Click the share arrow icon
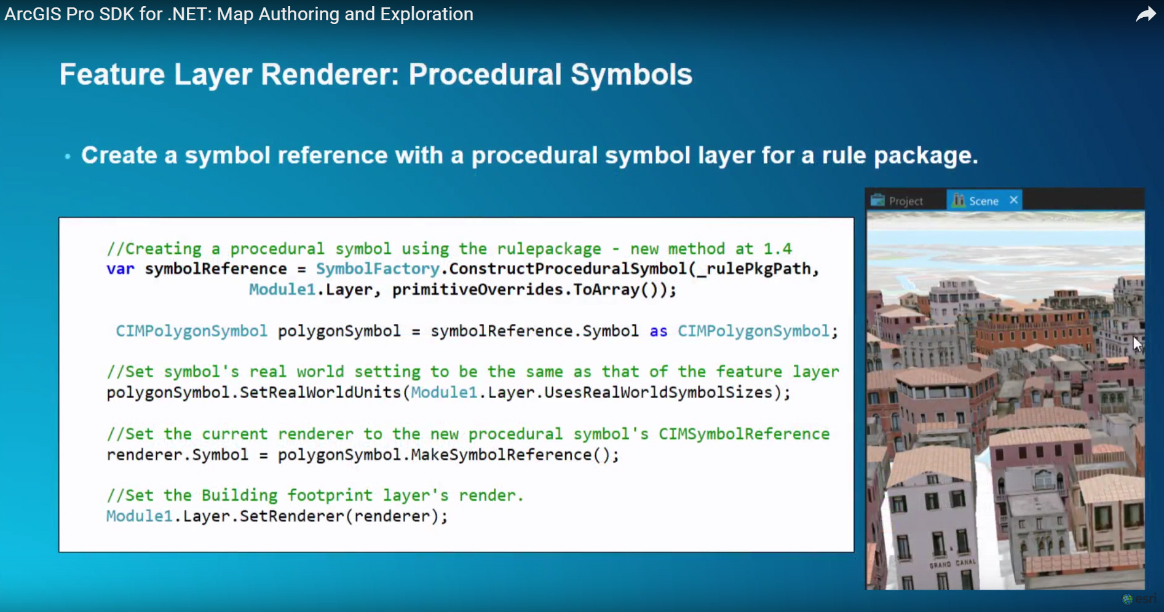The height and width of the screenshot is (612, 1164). (1146, 14)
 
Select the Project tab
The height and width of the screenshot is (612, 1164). (897, 201)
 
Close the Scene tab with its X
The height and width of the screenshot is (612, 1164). (1014, 200)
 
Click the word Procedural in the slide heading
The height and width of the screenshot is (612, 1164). (485, 74)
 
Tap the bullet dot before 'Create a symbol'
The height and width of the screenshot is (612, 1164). (68, 157)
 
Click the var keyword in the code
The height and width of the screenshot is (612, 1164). (120, 269)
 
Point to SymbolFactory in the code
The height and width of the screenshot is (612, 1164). (378, 269)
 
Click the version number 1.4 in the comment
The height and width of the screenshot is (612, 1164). (778, 249)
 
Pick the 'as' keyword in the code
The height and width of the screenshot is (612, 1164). (659, 332)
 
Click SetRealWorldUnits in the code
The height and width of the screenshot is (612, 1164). (320, 393)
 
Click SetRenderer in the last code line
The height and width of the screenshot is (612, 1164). (291, 516)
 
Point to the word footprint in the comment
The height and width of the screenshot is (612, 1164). (330, 495)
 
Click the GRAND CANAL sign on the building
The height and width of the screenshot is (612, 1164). (952, 563)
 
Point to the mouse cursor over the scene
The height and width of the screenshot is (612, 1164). (1136, 343)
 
